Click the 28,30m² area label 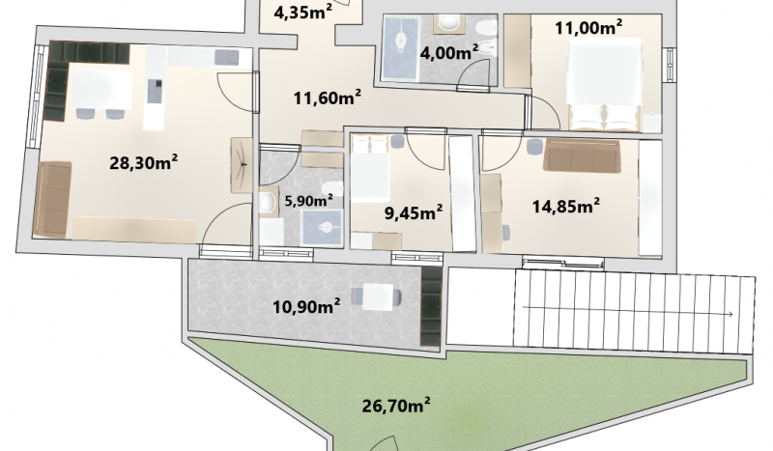pyautogui.click(x=143, y=162)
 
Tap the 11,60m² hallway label pyautogui.click(x=328, y=98)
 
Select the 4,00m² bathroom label pyautogui.click(x=449, y=52)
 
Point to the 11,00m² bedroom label pyautogui.click(x=588, y=27)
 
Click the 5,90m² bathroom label pyautogui.click(x=309, y=200)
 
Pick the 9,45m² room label pyautogui.click(x=414, y=212)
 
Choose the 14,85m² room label pyautogui.click(x=566, y=206)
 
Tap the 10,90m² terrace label pyautogui.click(x=306, y=306)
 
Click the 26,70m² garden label pyautogui.click(x=396, y=406)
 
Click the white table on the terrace pyautogui.click(x=378, y=297)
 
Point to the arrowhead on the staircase pyautogui.click(x=730, y=314)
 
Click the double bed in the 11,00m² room pyautogui.click(x=605, y=85)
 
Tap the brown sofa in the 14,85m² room pyautogui.click(x=582, y=155)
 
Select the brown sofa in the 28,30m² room pyautogui.click(x=52, y=200)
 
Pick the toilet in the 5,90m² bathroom pyautogui.click(x=268, y=203)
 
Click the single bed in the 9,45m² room pyautogui.click(x=370, y=168)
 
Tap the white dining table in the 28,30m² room pyautogui.click(x=102, y=89)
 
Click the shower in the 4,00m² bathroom pyautogui.click(x=401, y=47)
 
